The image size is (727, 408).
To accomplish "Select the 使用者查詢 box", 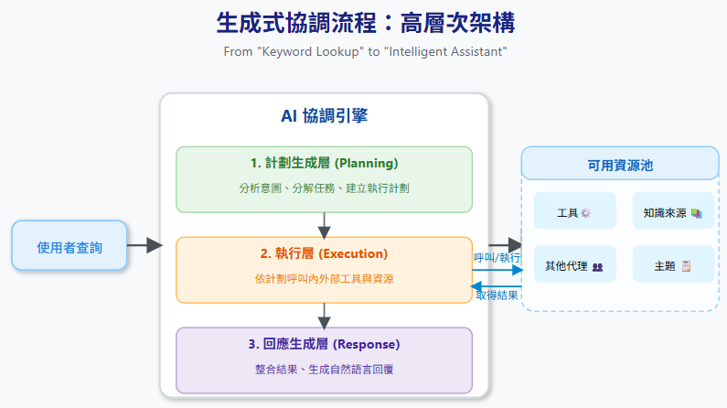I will click(x=69, y=246).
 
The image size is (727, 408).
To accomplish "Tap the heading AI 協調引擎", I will click(x=324, y=116).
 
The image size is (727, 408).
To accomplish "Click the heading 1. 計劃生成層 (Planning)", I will click(x=324, y=164).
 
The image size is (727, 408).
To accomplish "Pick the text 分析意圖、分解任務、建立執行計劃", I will click(x=324, y=188).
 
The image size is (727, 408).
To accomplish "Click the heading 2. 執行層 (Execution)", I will click(x=324, y=253).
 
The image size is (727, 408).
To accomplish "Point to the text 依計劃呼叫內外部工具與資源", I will click(x=324, y=278).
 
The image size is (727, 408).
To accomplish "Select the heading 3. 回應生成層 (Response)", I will click(x=324, y=344).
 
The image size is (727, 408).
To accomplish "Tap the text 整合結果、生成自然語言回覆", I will click(x=324, y=369).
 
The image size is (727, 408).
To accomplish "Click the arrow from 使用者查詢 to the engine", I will click(x=144, y=245).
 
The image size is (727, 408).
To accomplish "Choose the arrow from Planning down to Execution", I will click(x=324, y=225).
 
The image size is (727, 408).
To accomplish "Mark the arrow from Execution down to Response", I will click(x=324, y=316).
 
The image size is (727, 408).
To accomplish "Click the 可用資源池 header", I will click(x=620, y=166).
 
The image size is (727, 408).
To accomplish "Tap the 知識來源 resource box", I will click(x=672, y=212).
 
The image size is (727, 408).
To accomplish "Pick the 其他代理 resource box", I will click(x=574, y=266).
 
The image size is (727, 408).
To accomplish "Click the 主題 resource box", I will click(x=672, y=266).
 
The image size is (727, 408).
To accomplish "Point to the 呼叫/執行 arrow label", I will click(x=497, y=258).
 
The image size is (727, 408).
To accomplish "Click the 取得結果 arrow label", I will click(x=497, y=295).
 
